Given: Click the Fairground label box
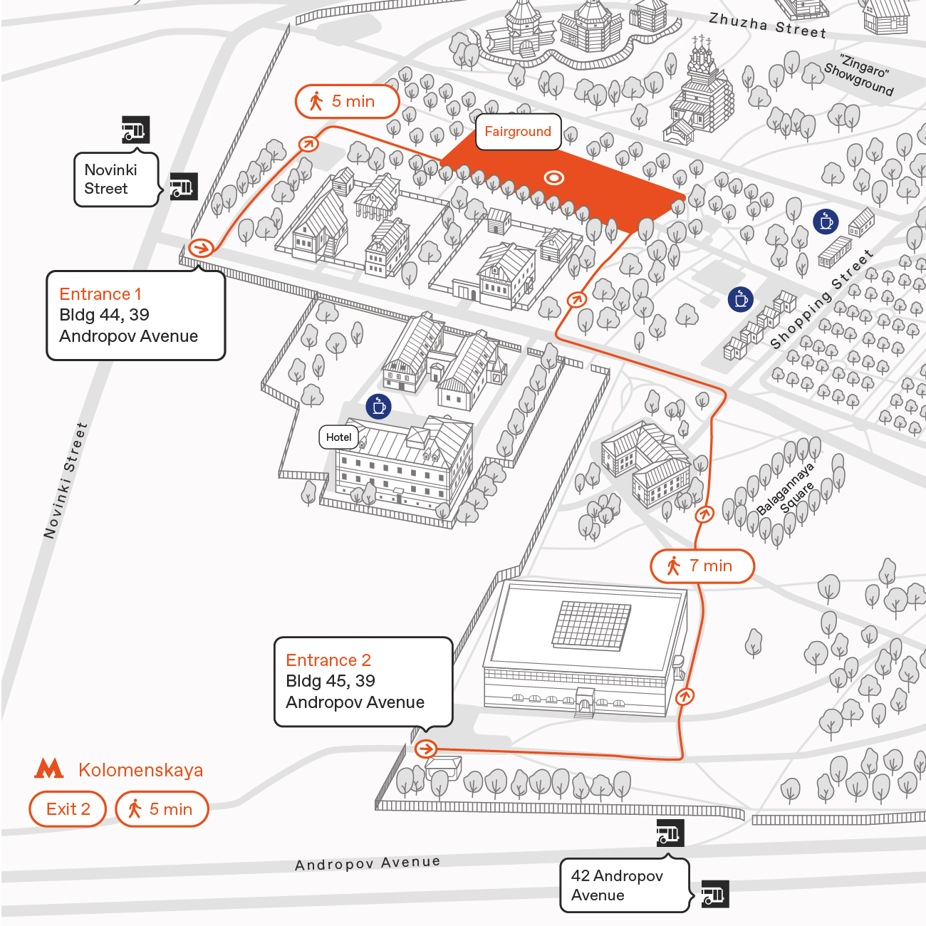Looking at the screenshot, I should click(x=518, y=132).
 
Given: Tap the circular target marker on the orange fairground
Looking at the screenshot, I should click(x=554, y=177).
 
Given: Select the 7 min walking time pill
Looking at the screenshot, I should click(x=702, y=566).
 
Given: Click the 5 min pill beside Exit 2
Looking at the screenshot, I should click(x=162, y=809).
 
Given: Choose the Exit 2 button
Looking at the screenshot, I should click(x=68, y=809).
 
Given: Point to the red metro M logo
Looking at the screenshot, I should click(x=49, y=769).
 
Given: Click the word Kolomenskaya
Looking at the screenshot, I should click(x=140, y=770).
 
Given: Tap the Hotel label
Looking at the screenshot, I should click(x=338, y=437).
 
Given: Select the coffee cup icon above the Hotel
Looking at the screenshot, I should click(x=378, y=406).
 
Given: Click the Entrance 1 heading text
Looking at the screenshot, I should click(x=100, y=294).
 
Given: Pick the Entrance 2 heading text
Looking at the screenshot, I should click(x=328, y=660).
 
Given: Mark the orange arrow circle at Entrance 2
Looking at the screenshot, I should click(x=426, y=749).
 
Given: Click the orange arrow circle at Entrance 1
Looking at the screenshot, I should click(x=202, y=248).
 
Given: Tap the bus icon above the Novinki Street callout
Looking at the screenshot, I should click(x=135, y=130).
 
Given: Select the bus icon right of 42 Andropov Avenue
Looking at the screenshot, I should click(x=714, y=894).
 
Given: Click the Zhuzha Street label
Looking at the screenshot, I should click(x=767, y=26).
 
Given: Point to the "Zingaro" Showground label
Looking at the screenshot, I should click(x=860, y=75).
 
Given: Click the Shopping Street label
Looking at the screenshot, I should click(x=821, y=299).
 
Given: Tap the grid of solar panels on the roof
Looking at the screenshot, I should click(x=592, y=625).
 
